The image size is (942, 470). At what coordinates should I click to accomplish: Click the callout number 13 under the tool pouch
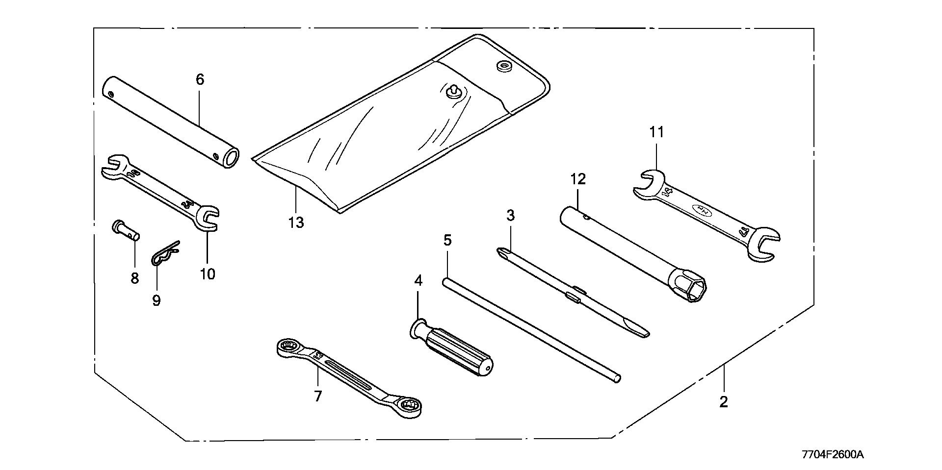pyautogui.click(x=296, y=223)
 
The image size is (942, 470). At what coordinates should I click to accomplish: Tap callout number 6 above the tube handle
pyautogui.click(x=200, y=79)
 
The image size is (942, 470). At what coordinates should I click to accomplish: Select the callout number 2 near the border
pyautogui.click(x=724, y=402)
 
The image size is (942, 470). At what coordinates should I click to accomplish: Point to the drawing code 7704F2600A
pyautogui.click(x=832, y=455)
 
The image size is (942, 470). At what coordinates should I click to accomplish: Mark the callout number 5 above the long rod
pyautogui.click(x=447, y=240)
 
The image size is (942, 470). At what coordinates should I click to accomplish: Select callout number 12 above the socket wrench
pyautogui.click(x=578, y=179)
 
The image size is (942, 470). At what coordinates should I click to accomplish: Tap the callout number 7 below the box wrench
pyautogui.click(x=318, y=396)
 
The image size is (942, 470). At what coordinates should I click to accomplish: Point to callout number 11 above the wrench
pyautogui.click(x=656, y=132)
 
